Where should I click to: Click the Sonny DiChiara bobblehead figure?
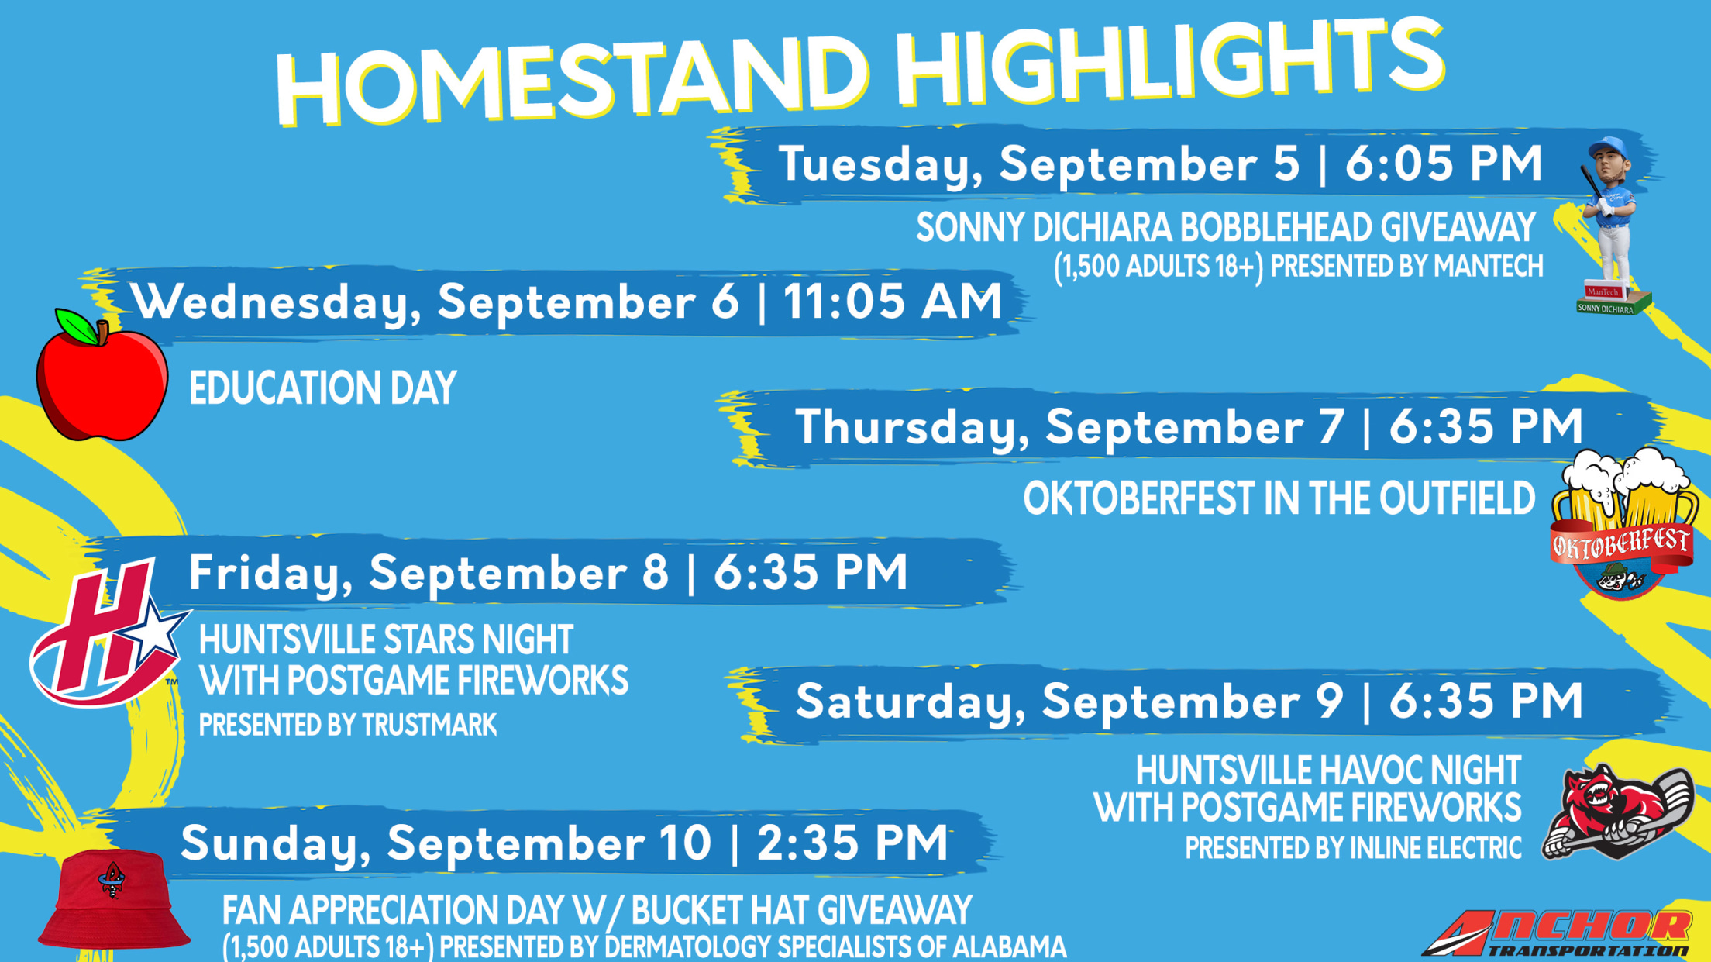coord(1613,226)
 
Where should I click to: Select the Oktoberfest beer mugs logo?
coord(1622,524)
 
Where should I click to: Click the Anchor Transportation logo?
coord(1558,933)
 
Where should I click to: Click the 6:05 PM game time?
coord(1444,164)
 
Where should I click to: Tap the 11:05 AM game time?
coord(893,301)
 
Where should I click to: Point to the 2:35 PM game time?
coord(852,843)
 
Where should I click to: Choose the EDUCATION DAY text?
coord(322,388)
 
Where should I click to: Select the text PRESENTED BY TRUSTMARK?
coord(348,725)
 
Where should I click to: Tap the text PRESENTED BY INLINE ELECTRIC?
coord(1353,848)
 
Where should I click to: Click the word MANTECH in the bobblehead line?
coord(1488,266)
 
